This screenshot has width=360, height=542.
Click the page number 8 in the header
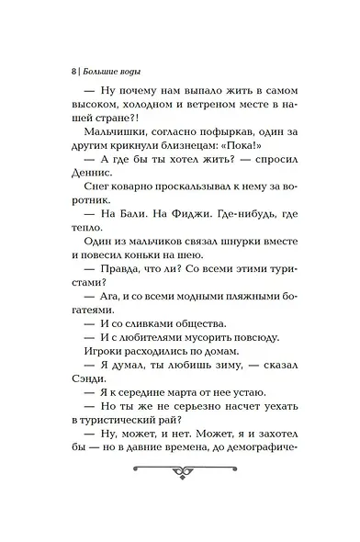(x=73, y=70)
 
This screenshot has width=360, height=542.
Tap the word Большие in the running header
(x=101, y=70)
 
